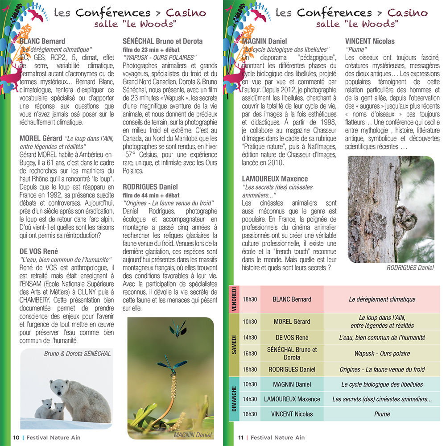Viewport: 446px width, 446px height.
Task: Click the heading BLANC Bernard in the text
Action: (42, 41)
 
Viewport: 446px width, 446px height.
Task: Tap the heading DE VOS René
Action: (39, 251)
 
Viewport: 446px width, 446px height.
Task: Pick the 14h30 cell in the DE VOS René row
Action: (250, 338)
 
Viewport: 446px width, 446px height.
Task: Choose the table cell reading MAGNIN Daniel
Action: (292, 384)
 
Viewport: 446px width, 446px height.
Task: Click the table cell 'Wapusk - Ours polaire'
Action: (382, 354)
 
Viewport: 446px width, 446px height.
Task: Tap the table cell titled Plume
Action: (382, 414)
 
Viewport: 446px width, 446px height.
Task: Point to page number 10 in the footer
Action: (16, 438)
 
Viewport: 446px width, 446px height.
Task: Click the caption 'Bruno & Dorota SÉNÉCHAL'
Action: (78, 354)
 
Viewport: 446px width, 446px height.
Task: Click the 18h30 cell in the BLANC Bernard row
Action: (250, 299)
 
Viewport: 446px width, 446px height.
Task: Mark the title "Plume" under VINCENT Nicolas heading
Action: (356, 50)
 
